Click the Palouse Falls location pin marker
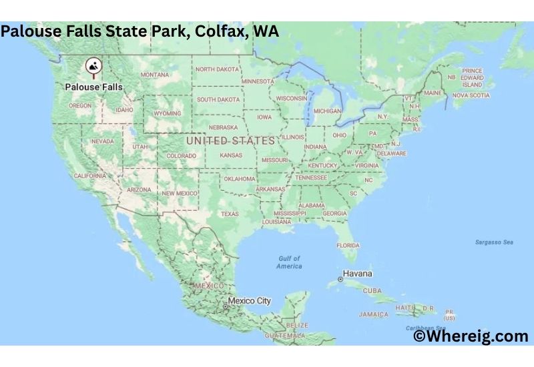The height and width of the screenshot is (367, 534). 93,66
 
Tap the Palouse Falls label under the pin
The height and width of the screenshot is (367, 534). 94,87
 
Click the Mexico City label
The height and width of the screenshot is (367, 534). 250,301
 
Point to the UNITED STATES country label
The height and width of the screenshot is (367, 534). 230,141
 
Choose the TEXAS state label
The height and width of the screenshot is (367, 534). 230,214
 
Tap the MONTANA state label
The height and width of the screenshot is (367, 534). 155,75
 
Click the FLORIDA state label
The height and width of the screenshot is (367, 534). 348,246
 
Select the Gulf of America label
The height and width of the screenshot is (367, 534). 289,262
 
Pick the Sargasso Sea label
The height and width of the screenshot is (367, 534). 494,242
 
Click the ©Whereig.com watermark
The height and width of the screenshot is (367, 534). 471,337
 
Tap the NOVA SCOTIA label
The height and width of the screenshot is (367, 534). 471,95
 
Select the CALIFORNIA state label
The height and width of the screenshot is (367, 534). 90,176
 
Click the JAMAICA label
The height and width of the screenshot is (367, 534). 373,314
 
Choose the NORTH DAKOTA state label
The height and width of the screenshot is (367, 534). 217,69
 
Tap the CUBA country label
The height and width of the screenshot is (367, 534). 372,291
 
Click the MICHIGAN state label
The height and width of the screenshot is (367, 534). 327,111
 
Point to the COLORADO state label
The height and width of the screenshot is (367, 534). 182,156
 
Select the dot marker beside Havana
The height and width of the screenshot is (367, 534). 340,279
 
